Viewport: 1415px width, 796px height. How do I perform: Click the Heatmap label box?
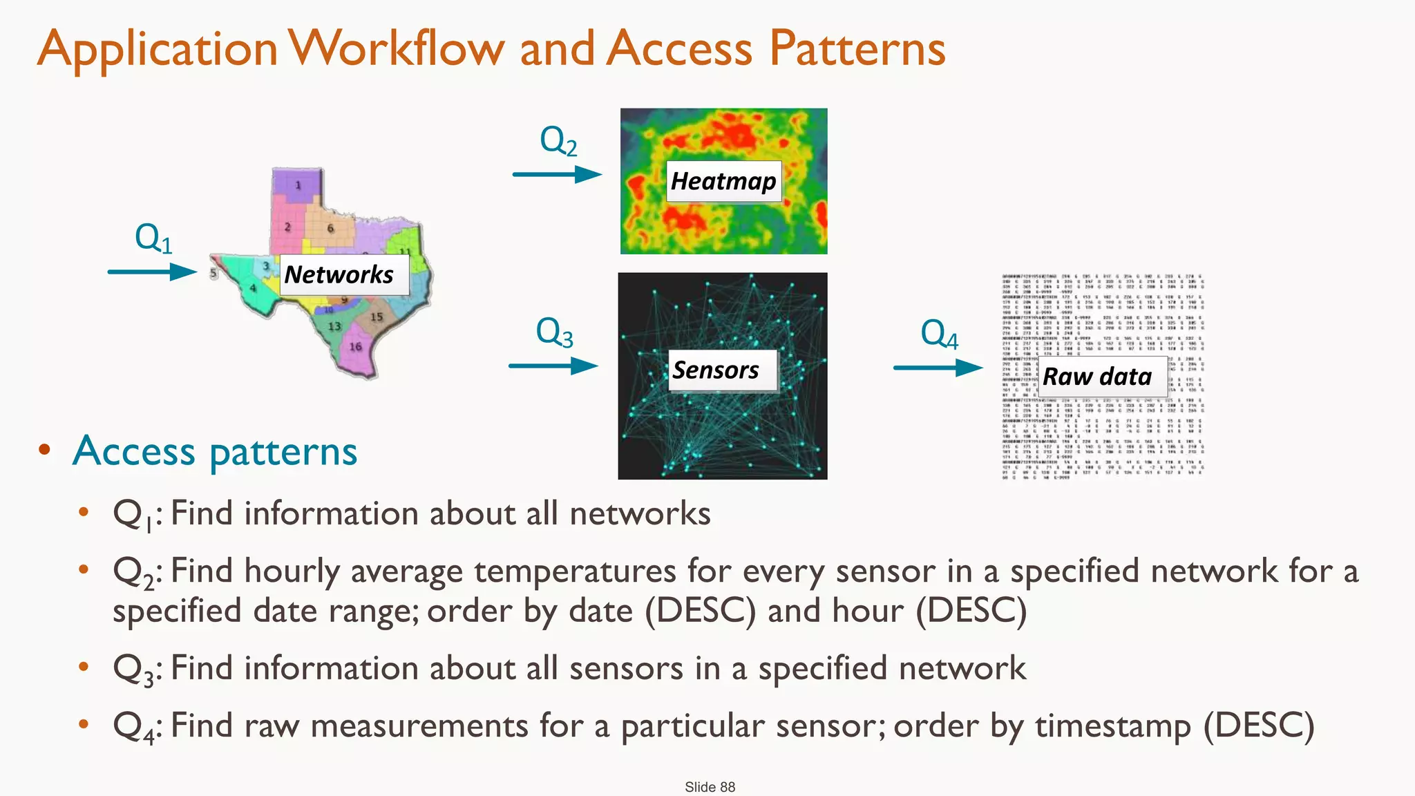(723, 181)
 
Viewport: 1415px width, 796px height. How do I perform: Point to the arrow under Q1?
(152, 272)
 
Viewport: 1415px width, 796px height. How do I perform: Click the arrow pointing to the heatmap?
(557, 174)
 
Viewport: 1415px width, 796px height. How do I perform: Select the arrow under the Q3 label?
(553, 366)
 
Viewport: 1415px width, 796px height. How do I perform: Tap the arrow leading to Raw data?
(938, 368)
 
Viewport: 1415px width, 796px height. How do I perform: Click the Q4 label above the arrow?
(939, 334)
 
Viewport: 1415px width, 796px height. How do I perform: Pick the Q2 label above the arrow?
(558, 141)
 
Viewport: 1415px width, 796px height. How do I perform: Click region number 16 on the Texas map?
(355, 347)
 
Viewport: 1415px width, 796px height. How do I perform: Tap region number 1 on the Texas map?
(298, 185)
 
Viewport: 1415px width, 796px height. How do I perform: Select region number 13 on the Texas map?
(334, 326)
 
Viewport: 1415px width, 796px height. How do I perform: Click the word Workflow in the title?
(397, 48)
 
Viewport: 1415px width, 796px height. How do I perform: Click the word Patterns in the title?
(857, 48)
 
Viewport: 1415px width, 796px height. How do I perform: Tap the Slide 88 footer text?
(710, 787)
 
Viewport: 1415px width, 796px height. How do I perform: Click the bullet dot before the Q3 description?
(84, 667)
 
